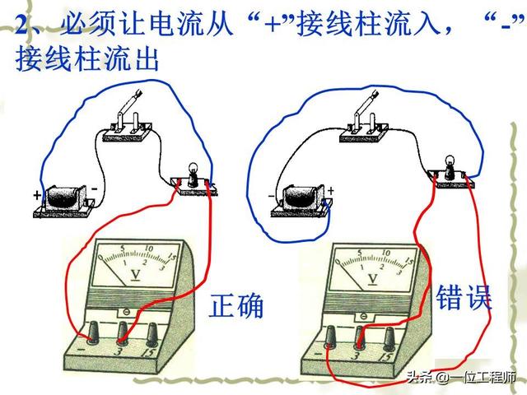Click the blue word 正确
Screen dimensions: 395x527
pyautogui.click(x=236, y=305)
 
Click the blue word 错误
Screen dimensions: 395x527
pyautogui.click(x=464, y=297)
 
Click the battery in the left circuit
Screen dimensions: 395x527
pyautogui.click(x=63, y=200)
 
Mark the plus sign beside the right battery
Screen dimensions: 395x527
pyautogui.click(x=331, y=191)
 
